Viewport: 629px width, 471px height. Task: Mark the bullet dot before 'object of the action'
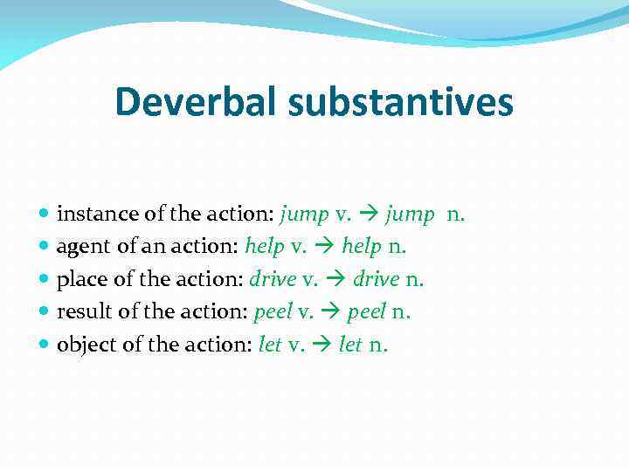click(45, 345)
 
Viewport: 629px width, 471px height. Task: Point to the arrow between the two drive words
click(337, 280)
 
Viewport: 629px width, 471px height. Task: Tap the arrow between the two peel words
click(332, 312)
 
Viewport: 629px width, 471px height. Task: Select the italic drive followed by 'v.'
click(273, 280)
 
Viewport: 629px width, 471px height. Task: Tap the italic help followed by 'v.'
click(265, 248)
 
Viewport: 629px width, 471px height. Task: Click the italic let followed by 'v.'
click(270, 345)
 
